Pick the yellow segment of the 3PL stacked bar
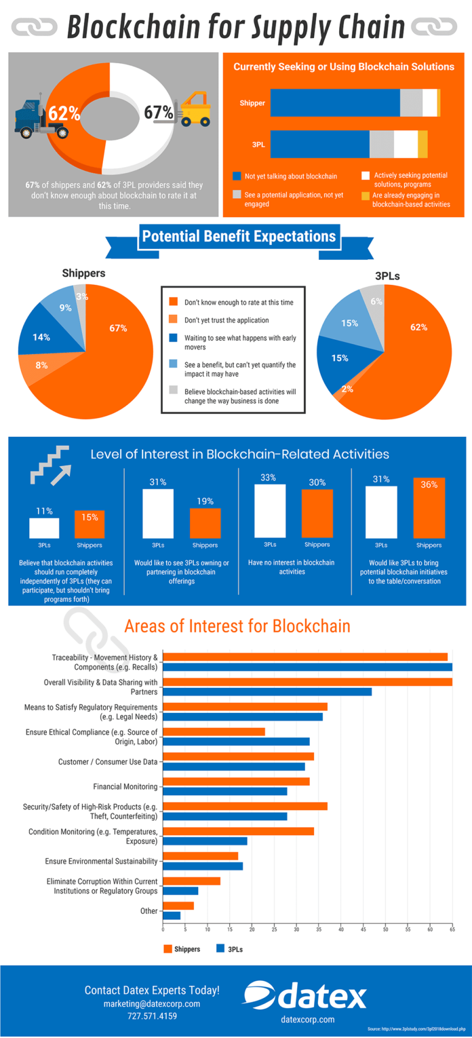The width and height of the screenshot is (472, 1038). [x=422, y=145]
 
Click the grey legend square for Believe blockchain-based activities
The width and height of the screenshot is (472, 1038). [x=173, y=391]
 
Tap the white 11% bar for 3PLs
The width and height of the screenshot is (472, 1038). [x=44, y=528]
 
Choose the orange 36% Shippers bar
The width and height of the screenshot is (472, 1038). [x=429, y=509]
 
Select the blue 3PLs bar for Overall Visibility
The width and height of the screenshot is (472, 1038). [x=267, y=691]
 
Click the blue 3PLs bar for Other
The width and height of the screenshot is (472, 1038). [x=172, y=915]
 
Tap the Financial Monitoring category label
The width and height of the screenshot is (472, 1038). [x=125, y=787]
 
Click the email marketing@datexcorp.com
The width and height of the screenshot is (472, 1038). [x=152, y=1003]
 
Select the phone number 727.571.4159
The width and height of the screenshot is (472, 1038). [x=151, y=1016]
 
